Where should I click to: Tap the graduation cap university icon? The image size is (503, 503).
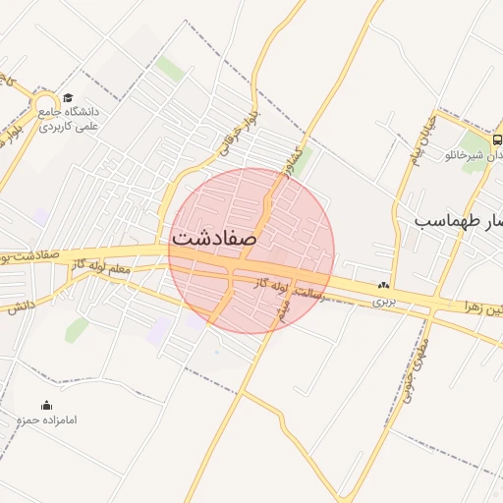click(x=68, y=97)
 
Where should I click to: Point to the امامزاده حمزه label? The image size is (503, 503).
click(x=47, y=420)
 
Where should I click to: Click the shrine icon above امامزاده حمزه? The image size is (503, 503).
click(x=46, y=405)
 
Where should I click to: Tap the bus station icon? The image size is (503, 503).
click(x=497, y=140)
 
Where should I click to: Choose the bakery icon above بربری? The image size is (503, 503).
click(x=382, y=286)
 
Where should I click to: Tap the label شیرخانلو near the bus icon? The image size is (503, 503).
click(x=466, y=156)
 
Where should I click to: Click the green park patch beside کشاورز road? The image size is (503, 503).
click(x=305, y=158)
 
